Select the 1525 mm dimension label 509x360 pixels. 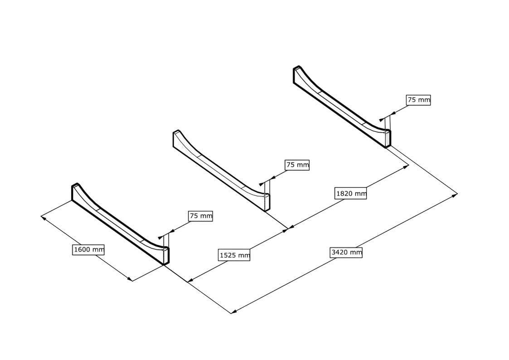pyautogui.click(x=233, y=255)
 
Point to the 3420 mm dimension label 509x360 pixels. pyautogui.click(x=347, y=253)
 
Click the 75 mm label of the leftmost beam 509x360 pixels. pyautogui.click(x=200, y=217)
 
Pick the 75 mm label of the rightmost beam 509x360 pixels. pyautogui.click(x=417, y=101)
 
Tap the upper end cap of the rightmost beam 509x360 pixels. pyautogui.click(x=297, y=73)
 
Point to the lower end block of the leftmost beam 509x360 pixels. pyautogui.click(x=164, y=254)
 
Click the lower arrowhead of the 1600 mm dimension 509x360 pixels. pyautogui.click(x=131, y=280)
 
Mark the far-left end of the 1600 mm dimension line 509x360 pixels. pyautogui.click(x=42, y=215)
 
